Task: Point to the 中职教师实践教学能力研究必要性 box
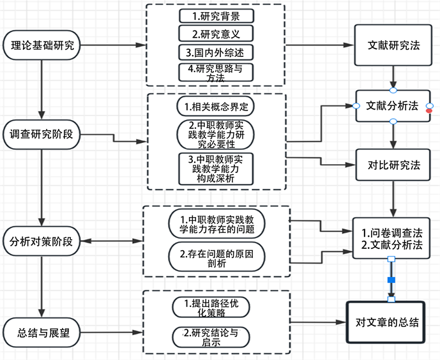pos(216,134)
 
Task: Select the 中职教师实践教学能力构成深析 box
pos(216,169)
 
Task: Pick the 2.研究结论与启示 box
pos(211,336)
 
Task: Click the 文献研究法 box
pos(393,45)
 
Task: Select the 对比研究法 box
pos(393,165)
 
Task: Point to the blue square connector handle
pos(391,280)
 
